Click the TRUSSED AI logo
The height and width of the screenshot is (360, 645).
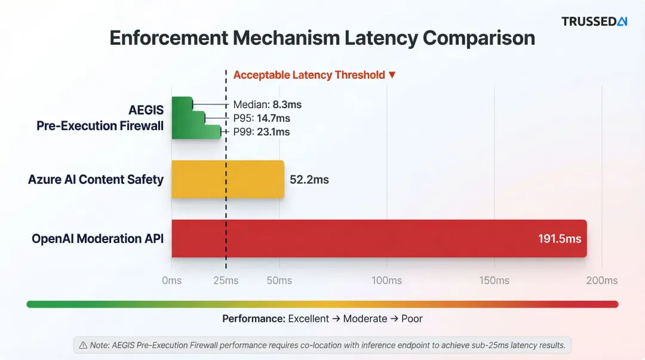[594, 21]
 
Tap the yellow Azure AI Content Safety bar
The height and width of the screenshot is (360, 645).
[228, 179]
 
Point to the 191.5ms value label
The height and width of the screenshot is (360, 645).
[559, 239]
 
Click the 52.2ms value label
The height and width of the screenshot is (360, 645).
[309, 180]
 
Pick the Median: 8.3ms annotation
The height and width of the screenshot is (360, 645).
[267, 104]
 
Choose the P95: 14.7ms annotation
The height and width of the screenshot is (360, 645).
[262, 118]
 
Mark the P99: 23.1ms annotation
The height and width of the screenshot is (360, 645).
[262, 132]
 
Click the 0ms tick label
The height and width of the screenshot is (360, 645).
[172, 281]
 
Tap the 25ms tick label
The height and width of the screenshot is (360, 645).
[226, 281]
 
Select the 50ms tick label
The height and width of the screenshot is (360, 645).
[279, 281]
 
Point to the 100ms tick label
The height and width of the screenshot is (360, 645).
[386, 281]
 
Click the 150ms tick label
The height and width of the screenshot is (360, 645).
[494, 281]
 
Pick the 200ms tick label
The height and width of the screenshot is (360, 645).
[602, 281]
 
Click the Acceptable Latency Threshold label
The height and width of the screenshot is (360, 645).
[309, 75]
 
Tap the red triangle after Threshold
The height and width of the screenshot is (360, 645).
[392, 75]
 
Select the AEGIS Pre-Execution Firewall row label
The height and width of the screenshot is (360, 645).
[100, 118]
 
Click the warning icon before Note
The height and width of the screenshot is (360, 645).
[83, 345]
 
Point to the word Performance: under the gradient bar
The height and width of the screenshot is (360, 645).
[254, 319]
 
